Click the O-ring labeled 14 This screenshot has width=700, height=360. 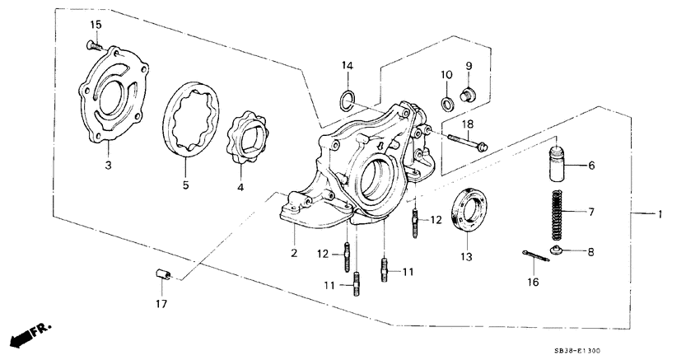347,101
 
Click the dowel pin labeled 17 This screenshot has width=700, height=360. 162,274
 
